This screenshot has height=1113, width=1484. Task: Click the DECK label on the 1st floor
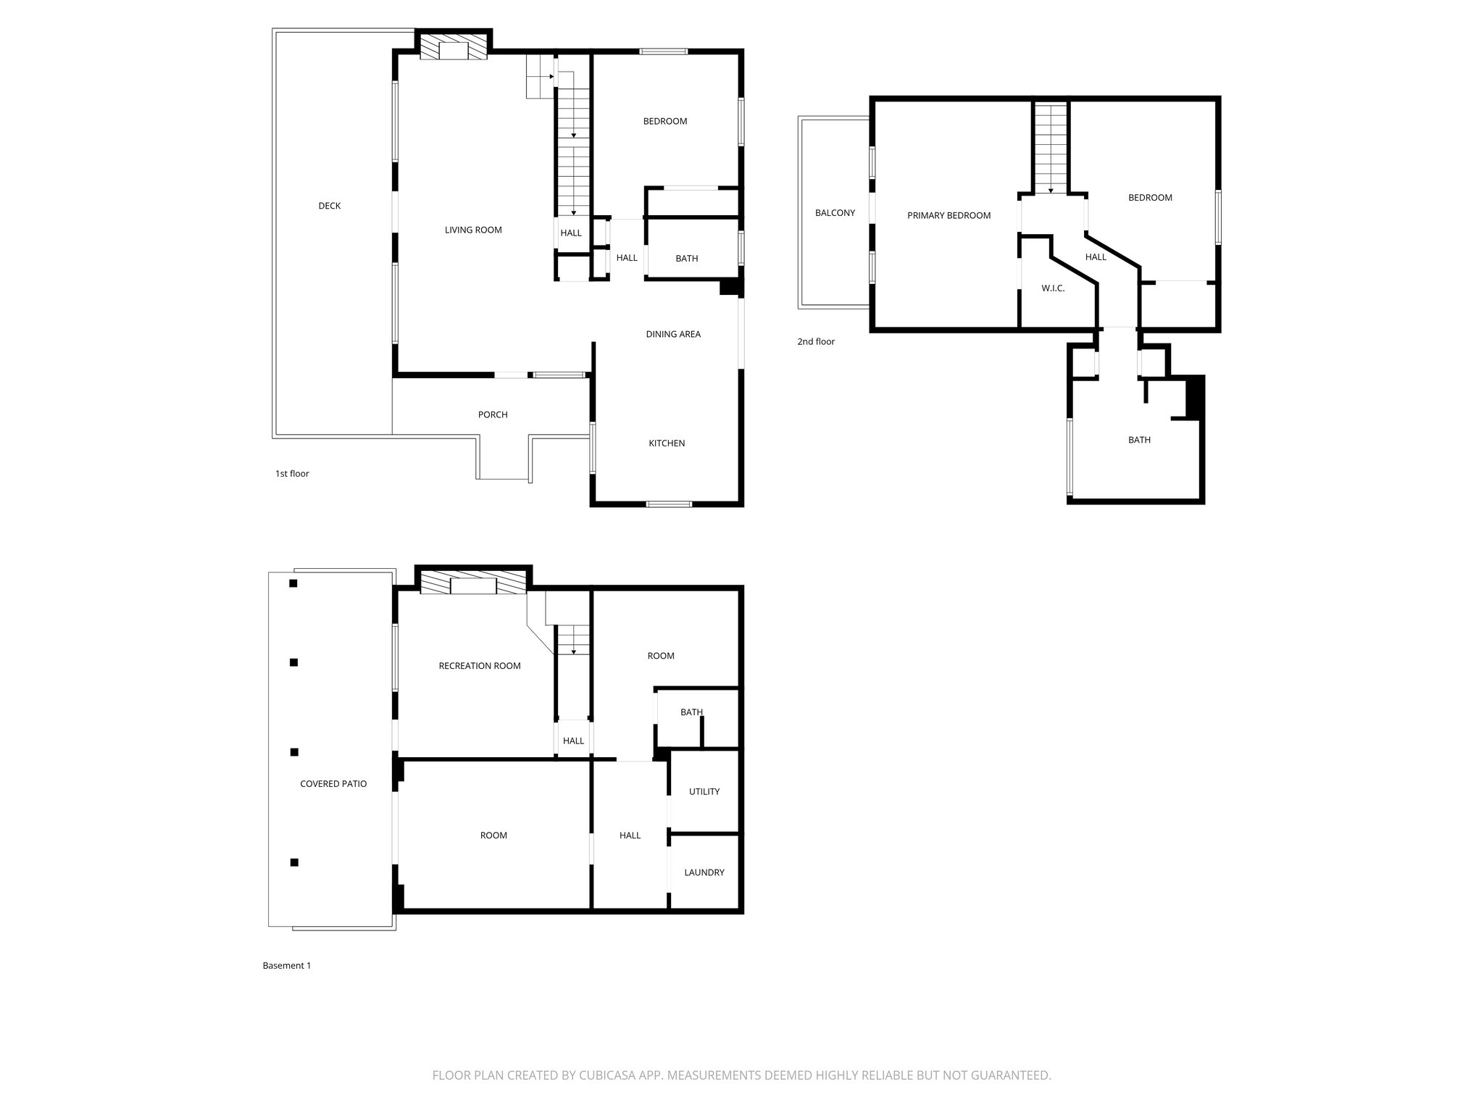(x=329, y=206)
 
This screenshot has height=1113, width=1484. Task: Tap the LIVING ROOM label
(x=473, y=230)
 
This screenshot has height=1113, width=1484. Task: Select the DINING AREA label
(x=673, y=334)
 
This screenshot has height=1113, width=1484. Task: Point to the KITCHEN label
(x=667, y=443)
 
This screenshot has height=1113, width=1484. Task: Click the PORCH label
(x=493, y=414)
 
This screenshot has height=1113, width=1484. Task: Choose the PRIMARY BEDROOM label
(x=949, y=215)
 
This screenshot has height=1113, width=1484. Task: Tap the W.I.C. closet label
(x=1053, y=288)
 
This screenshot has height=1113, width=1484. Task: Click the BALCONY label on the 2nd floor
(x=835, y=213)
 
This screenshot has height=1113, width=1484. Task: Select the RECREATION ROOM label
(x=480, y=666)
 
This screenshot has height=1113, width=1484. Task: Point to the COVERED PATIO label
(x=333, y=783)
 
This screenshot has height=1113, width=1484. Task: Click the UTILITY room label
(x=704, y=791)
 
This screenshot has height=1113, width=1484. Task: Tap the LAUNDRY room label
(x=704, y=872)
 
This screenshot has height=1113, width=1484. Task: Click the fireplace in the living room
(x=454, y=49)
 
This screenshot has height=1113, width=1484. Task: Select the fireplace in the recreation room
(x=474, y=584)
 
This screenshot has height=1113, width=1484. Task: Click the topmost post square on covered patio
(x=293, y=583)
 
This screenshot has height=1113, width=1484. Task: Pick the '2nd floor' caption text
(x=816, y=341)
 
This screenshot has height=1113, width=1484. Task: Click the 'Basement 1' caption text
(x=287, y=965)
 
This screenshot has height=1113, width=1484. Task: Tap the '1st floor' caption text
(x=292, y=474)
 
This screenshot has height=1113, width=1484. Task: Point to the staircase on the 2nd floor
(x=1051, y=149)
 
